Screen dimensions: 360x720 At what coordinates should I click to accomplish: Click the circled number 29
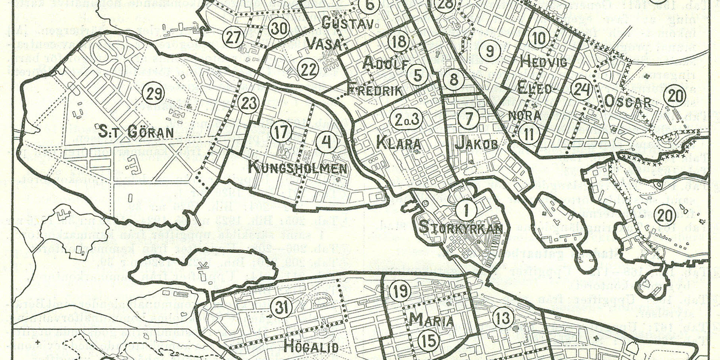[154, 94]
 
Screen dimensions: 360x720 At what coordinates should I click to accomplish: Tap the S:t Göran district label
[136, 132]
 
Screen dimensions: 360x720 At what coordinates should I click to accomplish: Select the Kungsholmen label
[297, 168]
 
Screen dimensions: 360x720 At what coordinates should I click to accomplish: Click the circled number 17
[281, 132]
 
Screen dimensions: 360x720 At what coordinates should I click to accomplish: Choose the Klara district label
[398, 143]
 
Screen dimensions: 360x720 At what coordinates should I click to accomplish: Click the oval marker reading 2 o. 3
[406, 119]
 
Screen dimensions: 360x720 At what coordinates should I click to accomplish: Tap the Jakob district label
[476, 143]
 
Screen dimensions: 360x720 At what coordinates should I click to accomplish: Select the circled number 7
[469, 119]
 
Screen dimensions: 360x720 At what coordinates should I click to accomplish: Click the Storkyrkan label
[460, 228]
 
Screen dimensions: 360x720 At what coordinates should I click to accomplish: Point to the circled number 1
[466, 210]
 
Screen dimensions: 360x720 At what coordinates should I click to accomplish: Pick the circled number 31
[282, 307]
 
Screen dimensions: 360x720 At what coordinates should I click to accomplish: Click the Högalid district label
[311, 346]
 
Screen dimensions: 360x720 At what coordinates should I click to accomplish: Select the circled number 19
[400, 291]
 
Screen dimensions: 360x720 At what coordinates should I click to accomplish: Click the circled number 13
[502, 318]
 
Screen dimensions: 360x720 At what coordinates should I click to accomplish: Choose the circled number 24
[581, 90]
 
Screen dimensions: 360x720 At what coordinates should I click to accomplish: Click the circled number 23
[249, 103]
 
